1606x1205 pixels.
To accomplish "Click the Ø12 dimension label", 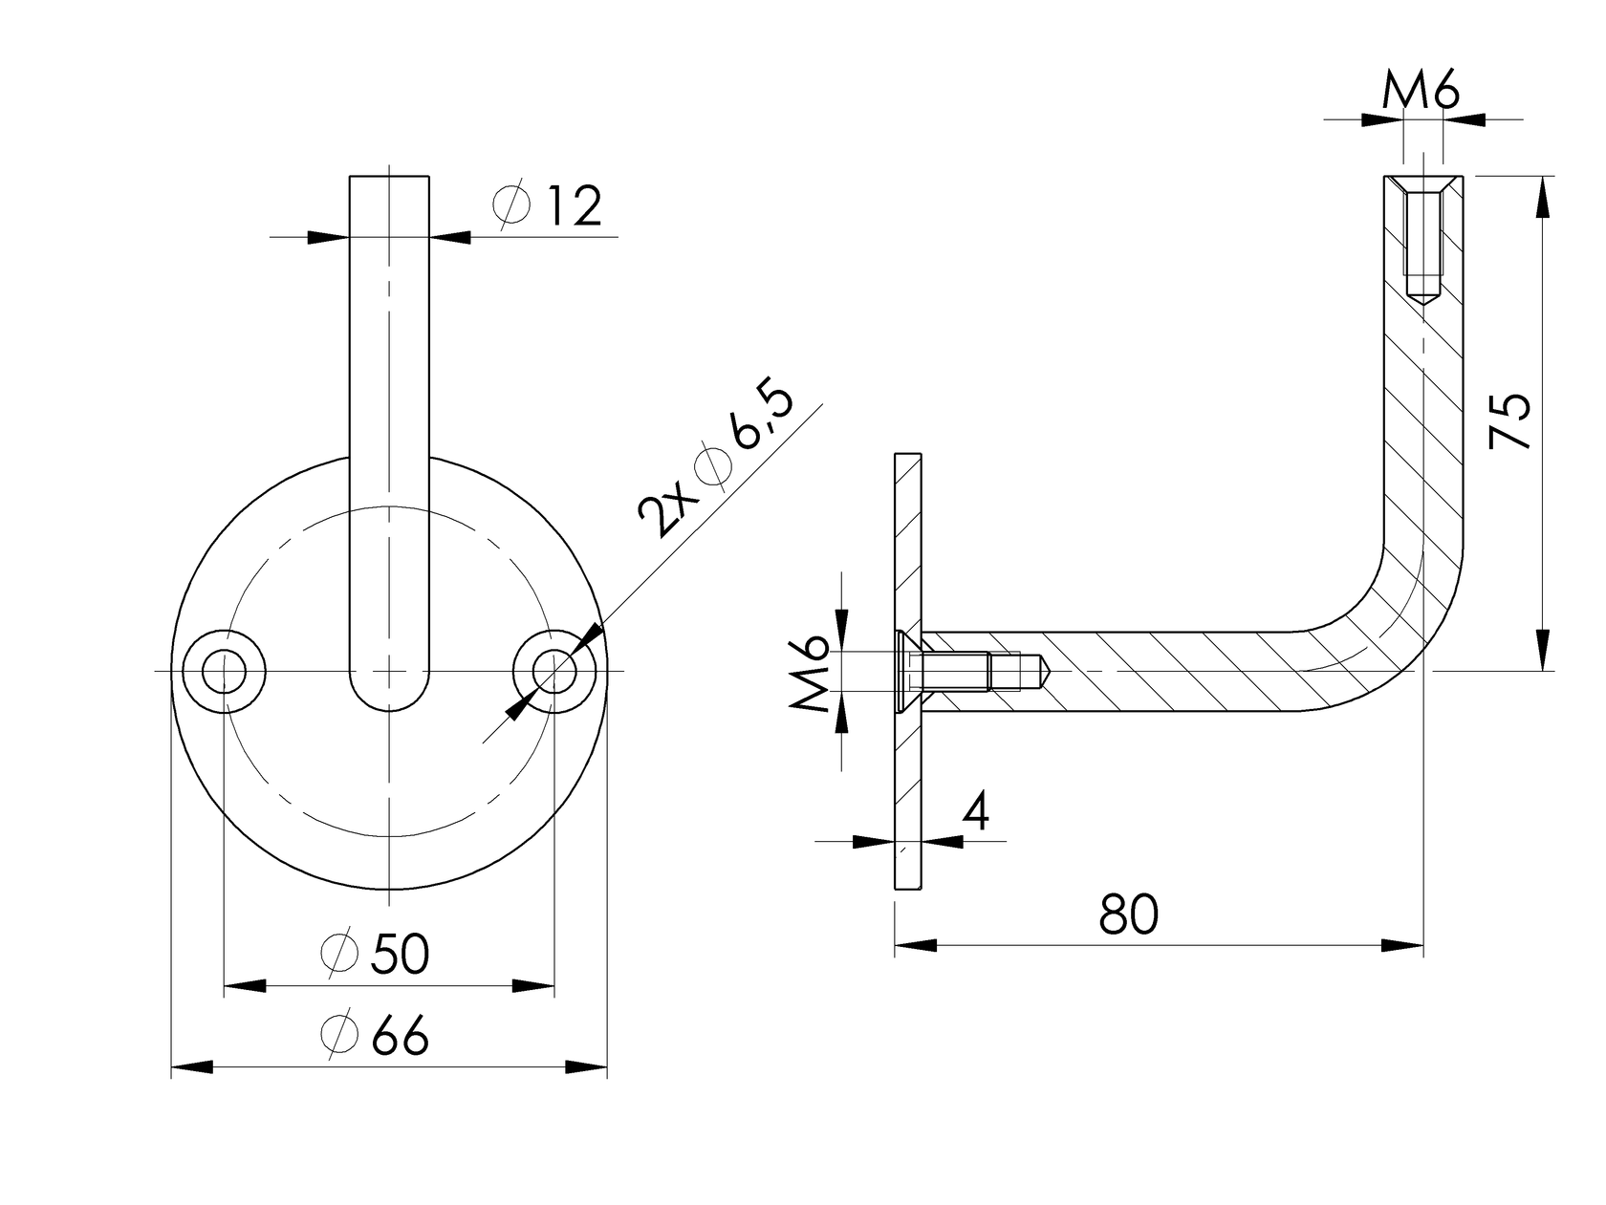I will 548,205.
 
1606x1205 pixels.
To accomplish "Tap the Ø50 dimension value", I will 376,953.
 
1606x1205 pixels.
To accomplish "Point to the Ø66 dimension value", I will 376,1035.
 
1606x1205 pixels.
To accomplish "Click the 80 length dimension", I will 1128,915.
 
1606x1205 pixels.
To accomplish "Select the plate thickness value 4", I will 975,812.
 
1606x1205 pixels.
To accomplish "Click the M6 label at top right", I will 1422,94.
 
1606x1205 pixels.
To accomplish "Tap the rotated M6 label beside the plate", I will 810,674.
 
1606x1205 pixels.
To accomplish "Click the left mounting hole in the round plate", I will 223,671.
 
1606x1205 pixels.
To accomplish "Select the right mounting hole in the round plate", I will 553,671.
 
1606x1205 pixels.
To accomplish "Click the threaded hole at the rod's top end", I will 1423,239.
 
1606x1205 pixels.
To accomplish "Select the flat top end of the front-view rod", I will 389,178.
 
